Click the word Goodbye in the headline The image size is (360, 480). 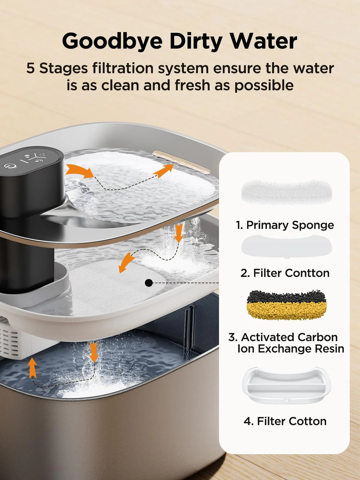112,41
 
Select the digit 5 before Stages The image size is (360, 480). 30,68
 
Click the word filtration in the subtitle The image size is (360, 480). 123,68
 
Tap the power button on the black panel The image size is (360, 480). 10,166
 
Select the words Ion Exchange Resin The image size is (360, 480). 291,349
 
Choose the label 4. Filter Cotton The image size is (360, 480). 285,421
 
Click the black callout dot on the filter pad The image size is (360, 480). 149,283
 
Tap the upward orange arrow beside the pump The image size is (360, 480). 33,368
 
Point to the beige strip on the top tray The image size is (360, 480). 181,162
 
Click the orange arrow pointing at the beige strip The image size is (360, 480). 163,171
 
